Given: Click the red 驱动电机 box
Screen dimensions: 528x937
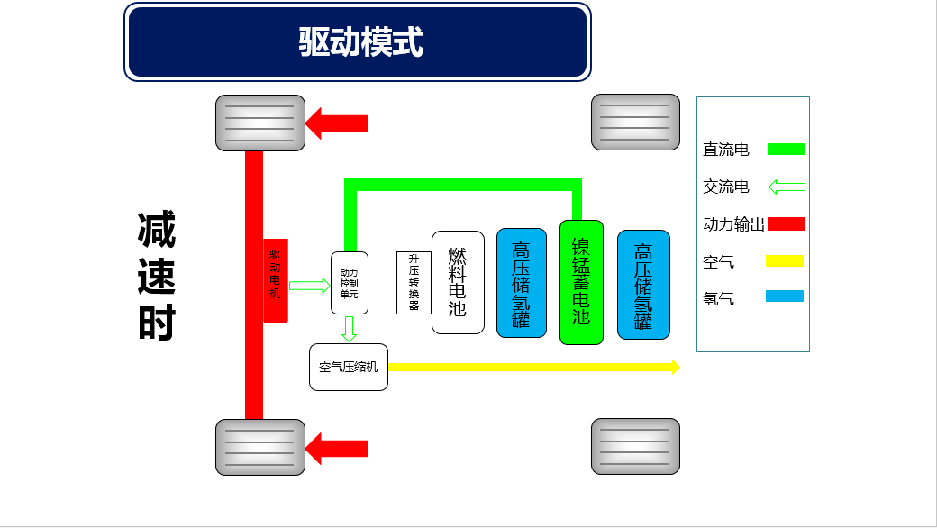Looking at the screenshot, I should pos(276,280).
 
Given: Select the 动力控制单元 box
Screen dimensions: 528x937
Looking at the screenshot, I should pos(349,283).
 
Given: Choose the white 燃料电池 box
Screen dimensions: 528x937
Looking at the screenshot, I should pos(458,283).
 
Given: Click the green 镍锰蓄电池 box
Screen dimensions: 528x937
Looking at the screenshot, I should pos(581,282).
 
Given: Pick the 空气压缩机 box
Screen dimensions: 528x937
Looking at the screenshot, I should pos(349,368).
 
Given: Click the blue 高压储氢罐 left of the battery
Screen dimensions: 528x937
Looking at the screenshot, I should pos(522,283).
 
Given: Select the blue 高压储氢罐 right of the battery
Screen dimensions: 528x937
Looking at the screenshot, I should pos(643,285).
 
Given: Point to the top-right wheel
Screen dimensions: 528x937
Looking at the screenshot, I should pos(635,122).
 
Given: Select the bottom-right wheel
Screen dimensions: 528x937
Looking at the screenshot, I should pos(635,446).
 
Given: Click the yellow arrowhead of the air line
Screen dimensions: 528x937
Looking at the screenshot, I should pos(673,367).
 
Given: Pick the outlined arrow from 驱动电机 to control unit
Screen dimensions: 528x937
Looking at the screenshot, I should pos(310,286).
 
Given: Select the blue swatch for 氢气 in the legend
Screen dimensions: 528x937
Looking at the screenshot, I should pos(785,296).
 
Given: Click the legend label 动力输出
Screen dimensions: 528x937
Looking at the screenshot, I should pos(733,224).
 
